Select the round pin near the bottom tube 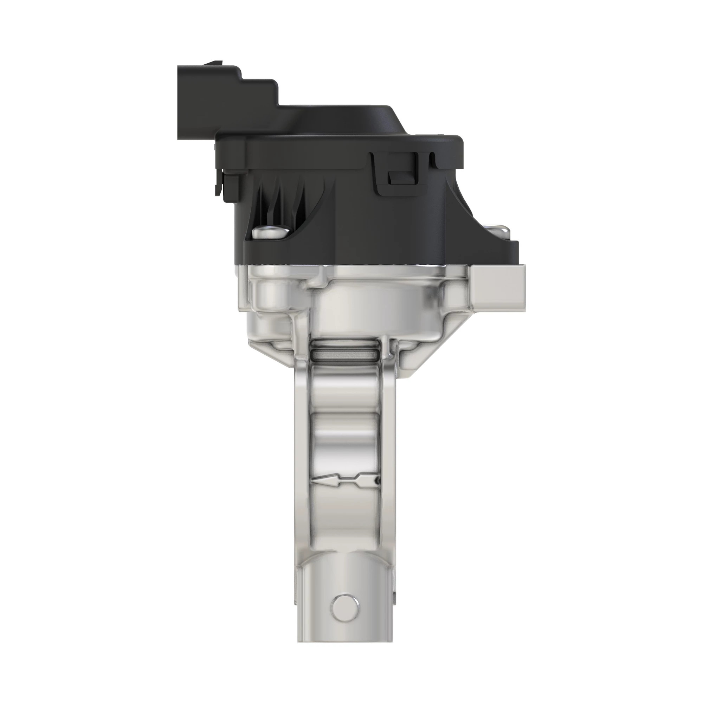click(x=344, y=606)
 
